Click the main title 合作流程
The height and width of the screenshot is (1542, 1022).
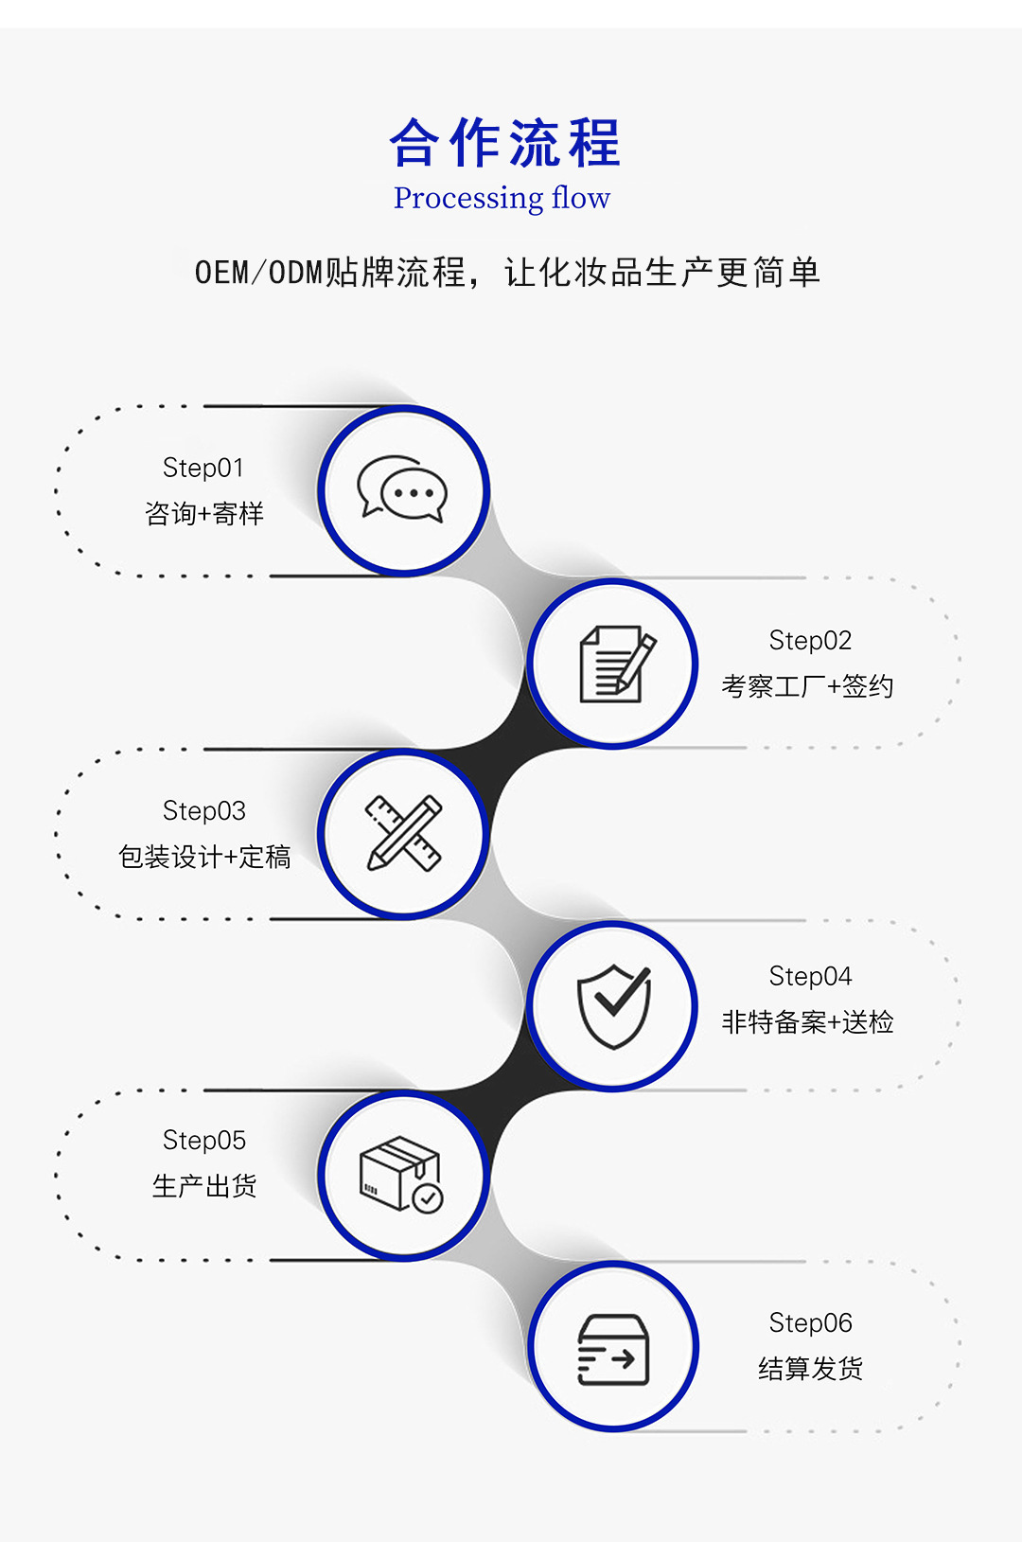tap(505, 143)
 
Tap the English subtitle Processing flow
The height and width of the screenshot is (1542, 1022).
tap(502, 198)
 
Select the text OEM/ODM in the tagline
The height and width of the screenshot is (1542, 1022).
tap(258, 273)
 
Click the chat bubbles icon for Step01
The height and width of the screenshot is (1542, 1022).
tap(402, 489)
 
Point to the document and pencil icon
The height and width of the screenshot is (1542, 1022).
tap(615, 664)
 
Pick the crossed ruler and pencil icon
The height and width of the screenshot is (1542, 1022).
tap(404, 833)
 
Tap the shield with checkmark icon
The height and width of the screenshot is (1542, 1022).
tap(614, 1005)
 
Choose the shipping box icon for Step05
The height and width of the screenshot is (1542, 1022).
tap(401, 1174)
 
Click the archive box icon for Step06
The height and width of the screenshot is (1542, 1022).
tap(613, 1348)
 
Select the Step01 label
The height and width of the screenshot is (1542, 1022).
tap(203, 468)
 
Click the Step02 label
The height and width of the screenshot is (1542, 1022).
tap(810, 641)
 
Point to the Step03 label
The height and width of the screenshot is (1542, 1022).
tap(204, 811)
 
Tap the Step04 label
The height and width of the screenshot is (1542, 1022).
tap(810, 976)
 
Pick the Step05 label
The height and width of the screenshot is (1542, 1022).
tap(204, 1141)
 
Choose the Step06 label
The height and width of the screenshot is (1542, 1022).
tap(810, 1322)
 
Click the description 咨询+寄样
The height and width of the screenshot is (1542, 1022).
tap(204, 514)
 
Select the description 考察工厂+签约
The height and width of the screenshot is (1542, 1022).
tap(807, 686)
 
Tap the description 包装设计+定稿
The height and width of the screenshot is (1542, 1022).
tap(204, 857)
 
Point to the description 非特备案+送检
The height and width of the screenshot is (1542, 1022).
tap(807, 1022)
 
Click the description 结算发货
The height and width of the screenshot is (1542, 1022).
tap(810, 1369)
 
